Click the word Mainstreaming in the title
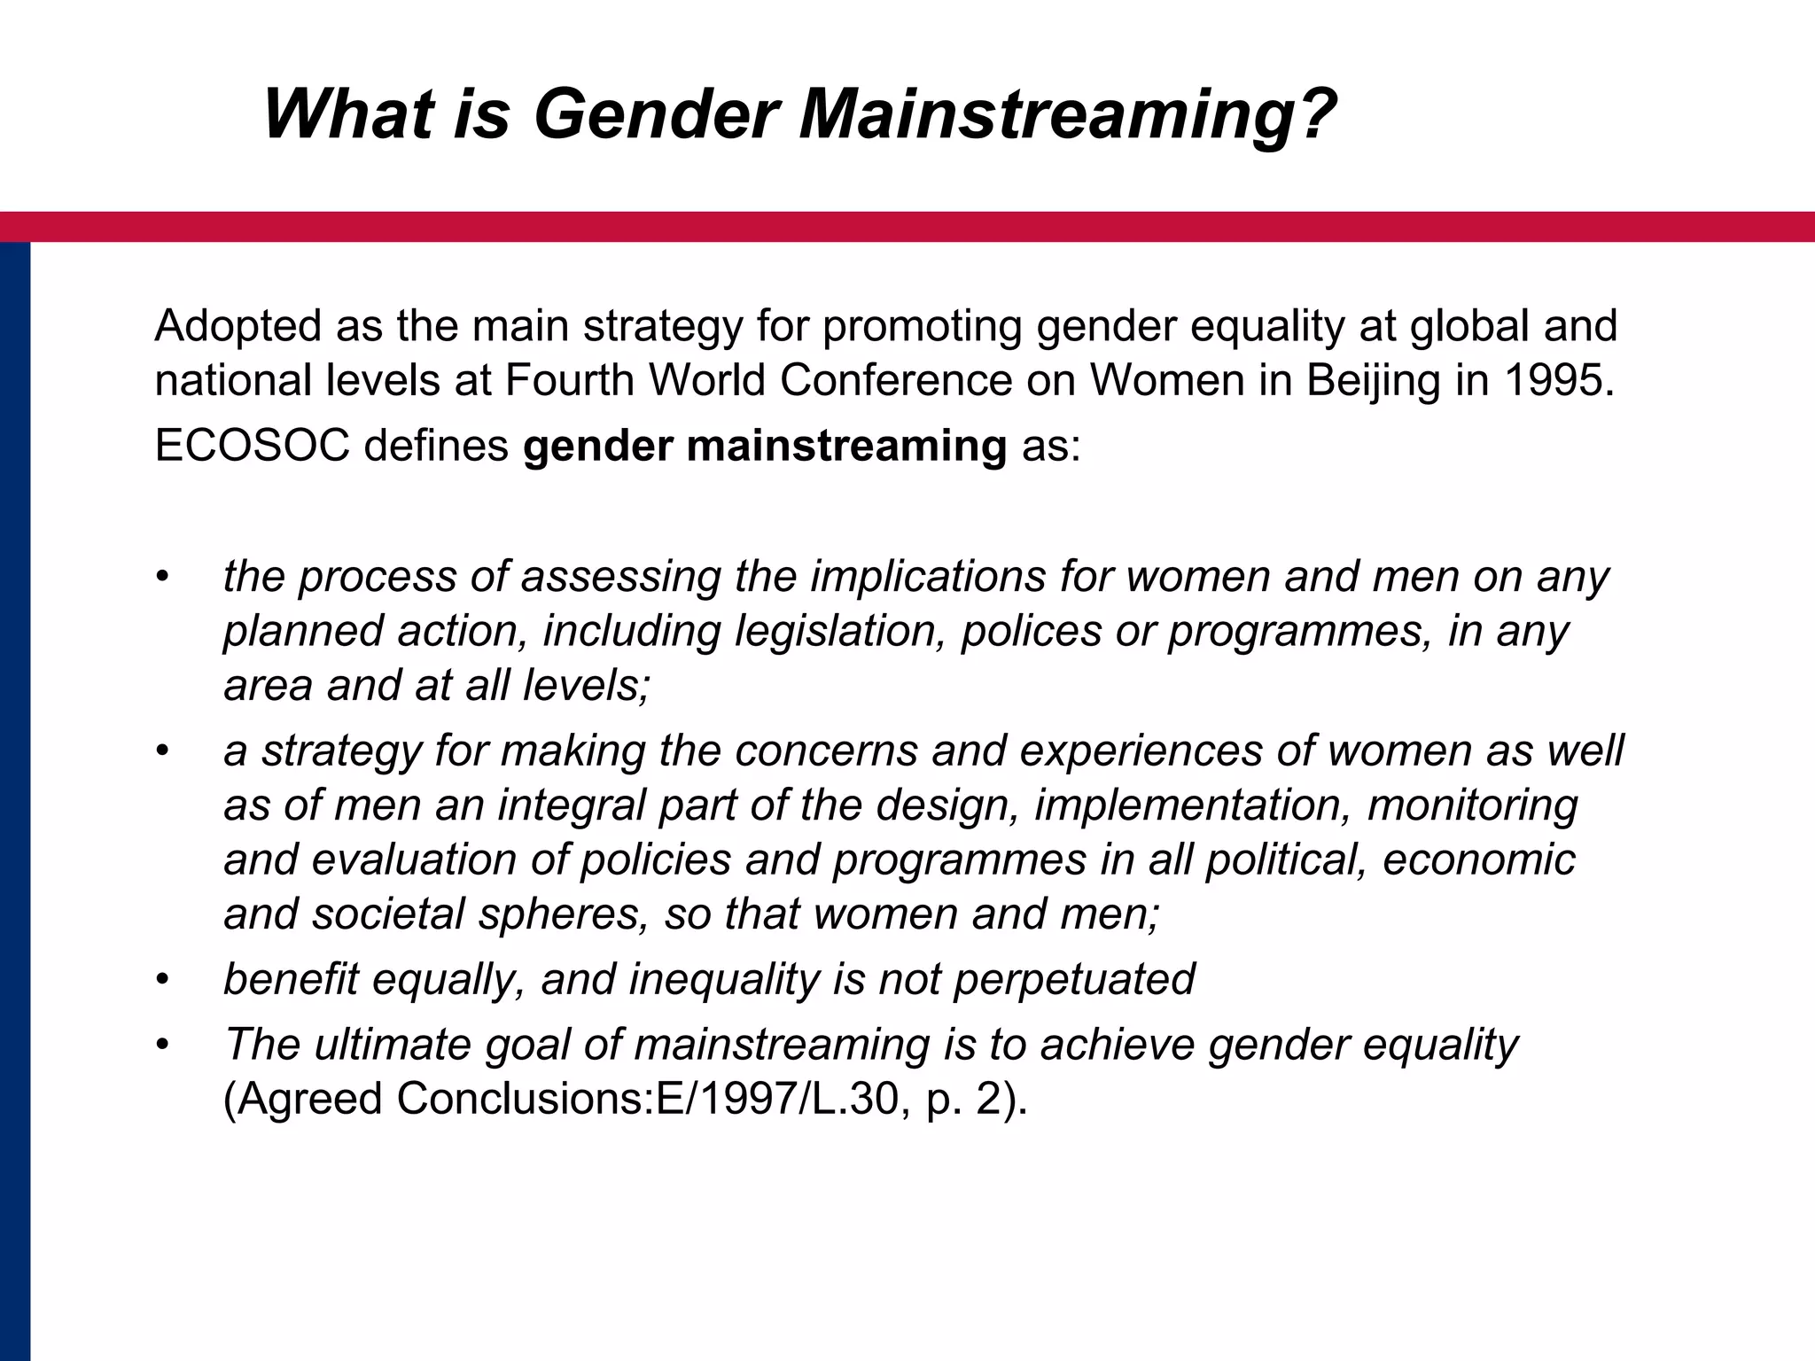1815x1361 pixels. click(1067, 115)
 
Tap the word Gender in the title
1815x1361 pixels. click(656, 115)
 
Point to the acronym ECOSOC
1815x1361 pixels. click(252, 446)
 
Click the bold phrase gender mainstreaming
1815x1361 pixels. click(765, 446)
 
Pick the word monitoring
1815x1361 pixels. click(1472, 805)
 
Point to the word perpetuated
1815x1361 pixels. click(1073, 979)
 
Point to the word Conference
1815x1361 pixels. click(896, 380)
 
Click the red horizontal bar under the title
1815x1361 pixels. click(907, 227)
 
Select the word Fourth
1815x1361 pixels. click(569, 380)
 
